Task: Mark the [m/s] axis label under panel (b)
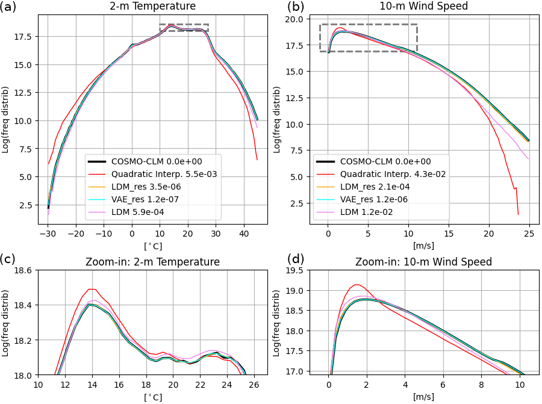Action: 428,246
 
